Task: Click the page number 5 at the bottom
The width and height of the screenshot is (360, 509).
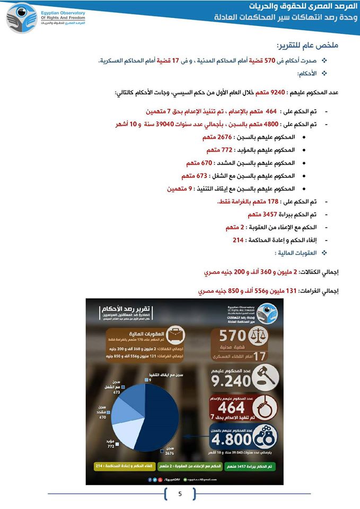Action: [180, 495]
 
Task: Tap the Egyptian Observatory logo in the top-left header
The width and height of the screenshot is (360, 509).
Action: [22, 17]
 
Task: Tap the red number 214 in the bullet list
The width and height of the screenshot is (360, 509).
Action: [238, 240]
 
